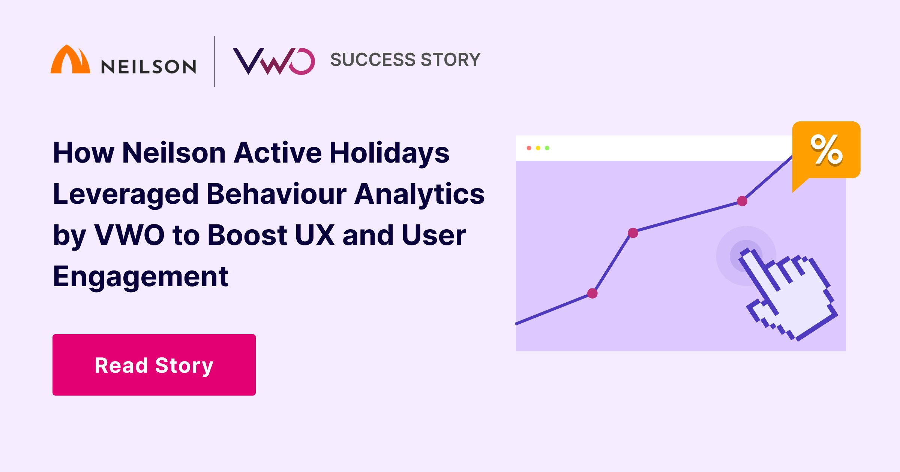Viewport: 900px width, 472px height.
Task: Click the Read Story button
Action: (154, 365)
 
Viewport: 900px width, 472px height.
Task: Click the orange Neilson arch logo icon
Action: (70, 60)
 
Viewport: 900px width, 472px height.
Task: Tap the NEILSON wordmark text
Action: (148, 67)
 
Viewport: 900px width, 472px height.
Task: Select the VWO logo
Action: (274, 61)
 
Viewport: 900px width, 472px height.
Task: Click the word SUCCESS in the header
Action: (373, 60)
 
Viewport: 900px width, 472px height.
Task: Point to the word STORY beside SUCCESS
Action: (451, 60)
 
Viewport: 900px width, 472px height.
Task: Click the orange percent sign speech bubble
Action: (826, 150)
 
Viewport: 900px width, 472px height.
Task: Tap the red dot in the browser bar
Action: (529, 148)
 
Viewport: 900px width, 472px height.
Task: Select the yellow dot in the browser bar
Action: (538, 148)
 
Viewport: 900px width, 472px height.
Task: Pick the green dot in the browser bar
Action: (547, 148)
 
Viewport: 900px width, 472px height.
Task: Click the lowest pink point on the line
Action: (592, 293)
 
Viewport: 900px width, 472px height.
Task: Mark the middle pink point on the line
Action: (633, 233)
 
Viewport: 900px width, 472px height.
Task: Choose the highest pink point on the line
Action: (742, 201)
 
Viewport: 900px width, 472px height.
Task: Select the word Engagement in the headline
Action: (141, 276)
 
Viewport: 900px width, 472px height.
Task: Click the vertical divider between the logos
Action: (214, 61)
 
